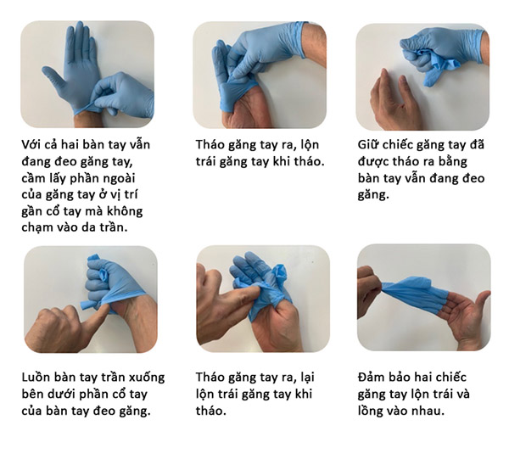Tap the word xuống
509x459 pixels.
tap(146, 377)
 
